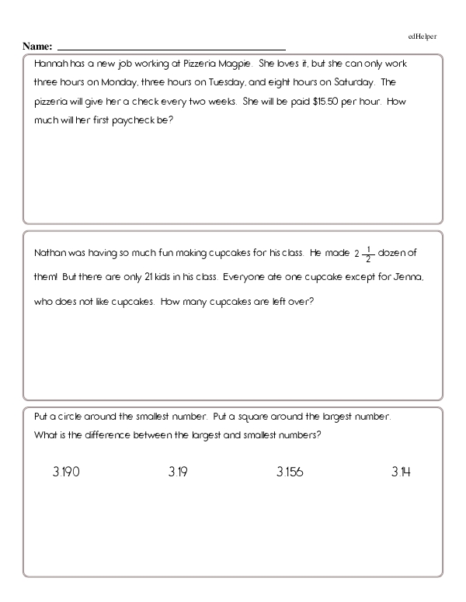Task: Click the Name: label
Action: (37, 47)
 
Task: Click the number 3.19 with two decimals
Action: (177, 472)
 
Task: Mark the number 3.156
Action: (290, 472)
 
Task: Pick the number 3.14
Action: (401, 472)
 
